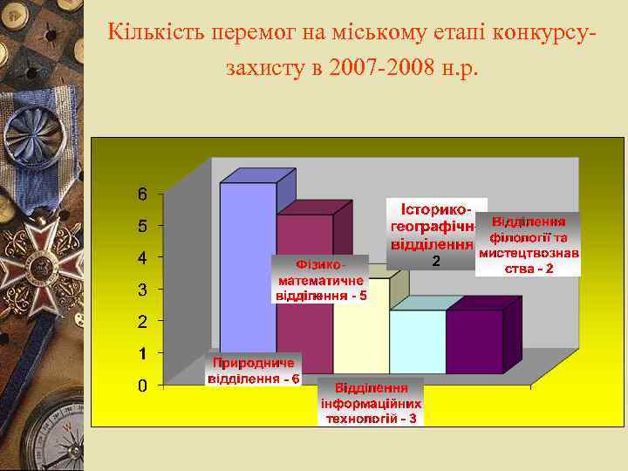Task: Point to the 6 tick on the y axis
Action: coord(142,194)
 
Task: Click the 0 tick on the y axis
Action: coord(142,386)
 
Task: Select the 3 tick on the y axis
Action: coord(142,290)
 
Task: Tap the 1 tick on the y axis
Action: coord(142,353)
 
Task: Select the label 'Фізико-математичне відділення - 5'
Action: coord(320,278)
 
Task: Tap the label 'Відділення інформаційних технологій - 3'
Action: coord(371,402)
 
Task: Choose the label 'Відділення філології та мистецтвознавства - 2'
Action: coord(529,244)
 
